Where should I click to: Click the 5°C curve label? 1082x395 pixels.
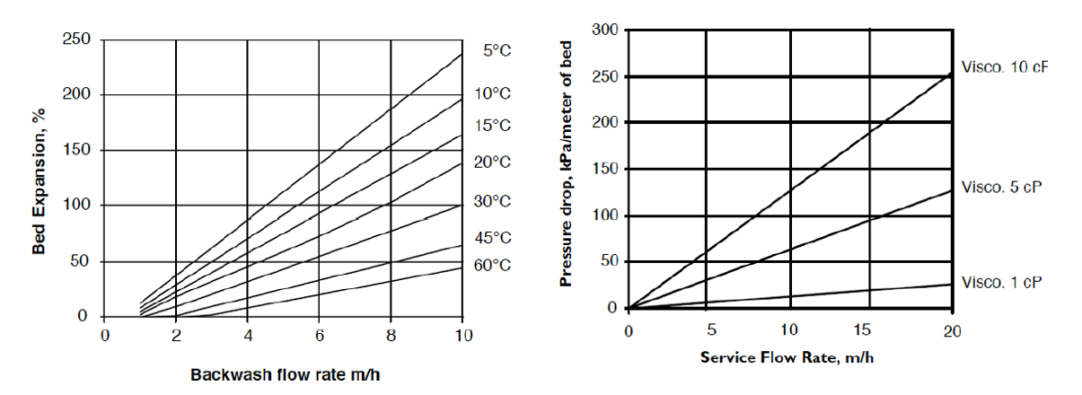497,51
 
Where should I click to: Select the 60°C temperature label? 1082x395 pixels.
492,266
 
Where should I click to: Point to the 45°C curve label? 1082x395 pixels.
492,238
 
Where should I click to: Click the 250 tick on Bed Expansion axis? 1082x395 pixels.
75,39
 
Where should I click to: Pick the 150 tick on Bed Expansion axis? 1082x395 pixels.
75,150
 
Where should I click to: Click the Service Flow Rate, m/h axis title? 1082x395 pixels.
787,356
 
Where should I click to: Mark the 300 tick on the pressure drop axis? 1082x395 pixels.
604,31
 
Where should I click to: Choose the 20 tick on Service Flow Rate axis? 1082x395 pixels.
952,329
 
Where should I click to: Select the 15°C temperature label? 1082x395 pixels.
492,126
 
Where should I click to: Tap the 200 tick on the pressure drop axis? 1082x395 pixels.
604,123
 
